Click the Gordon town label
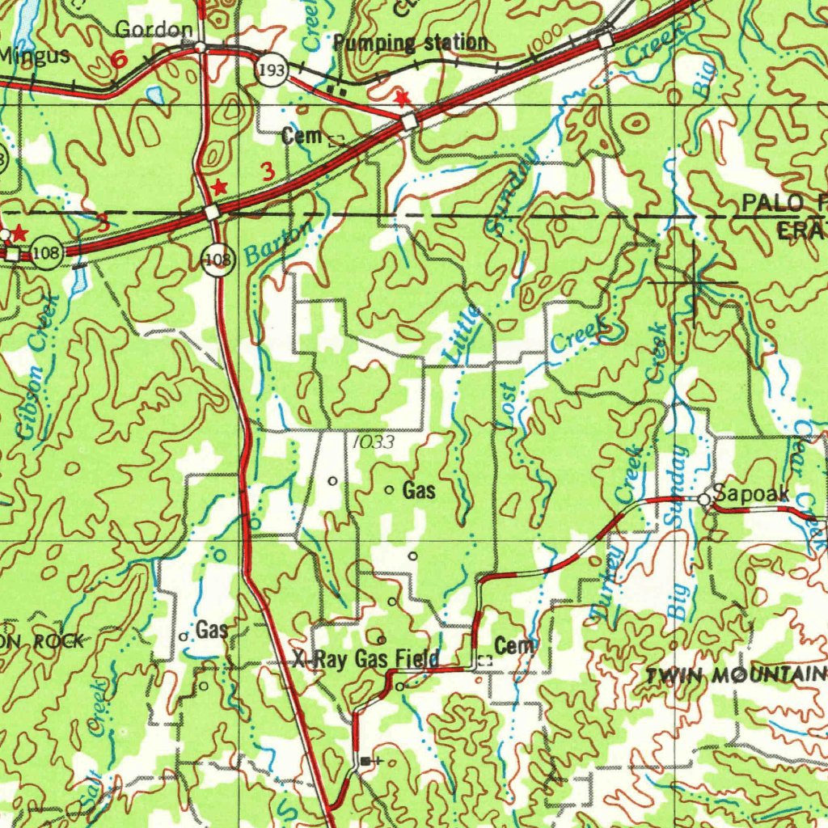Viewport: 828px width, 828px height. pos(154,31)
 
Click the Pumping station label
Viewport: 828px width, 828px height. pos(411,43)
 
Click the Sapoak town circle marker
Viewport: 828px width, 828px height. pos(704,501)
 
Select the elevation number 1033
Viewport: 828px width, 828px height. pos(374,442)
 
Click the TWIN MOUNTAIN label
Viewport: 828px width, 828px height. pos(736,676)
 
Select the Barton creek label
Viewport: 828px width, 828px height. pos(279,242)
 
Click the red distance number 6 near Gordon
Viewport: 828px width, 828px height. pos(119,59)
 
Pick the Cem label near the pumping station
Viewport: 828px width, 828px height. pos(302,137)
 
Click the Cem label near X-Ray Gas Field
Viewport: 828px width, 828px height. pos(514,645)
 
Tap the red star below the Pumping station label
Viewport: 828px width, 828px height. pos(401,99)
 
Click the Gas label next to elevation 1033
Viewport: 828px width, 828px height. pos(419,490)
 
